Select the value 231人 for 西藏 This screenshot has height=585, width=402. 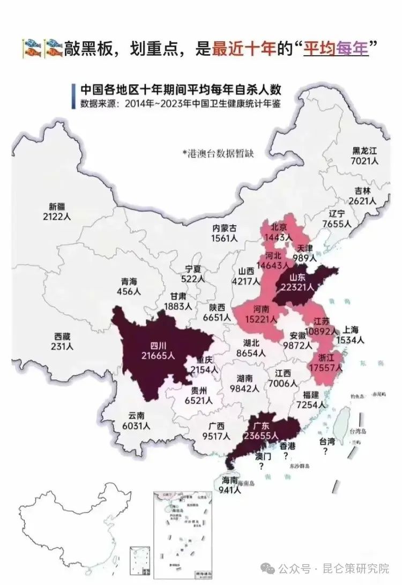(63, 346)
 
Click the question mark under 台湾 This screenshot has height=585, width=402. (326, 451)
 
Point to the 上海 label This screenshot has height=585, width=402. (350, 330)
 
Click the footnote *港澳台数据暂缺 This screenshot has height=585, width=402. (218, 153)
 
